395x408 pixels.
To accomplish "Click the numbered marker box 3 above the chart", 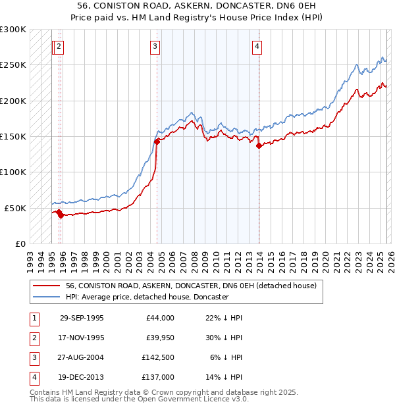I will tap(155, 46).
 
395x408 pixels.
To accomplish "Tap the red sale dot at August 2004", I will tap(157, 141).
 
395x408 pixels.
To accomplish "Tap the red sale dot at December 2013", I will tap(259, 145).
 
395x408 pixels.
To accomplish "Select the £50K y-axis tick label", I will tap(15, 208).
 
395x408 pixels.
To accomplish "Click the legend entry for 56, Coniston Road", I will tap(191, 286).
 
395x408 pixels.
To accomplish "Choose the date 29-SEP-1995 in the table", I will tap(82, 318).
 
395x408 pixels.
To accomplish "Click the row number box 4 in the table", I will tap(33, 378).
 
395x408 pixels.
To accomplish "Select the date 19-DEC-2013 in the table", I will tap(82, 377).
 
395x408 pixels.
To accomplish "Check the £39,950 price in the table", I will tap(160, 337).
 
